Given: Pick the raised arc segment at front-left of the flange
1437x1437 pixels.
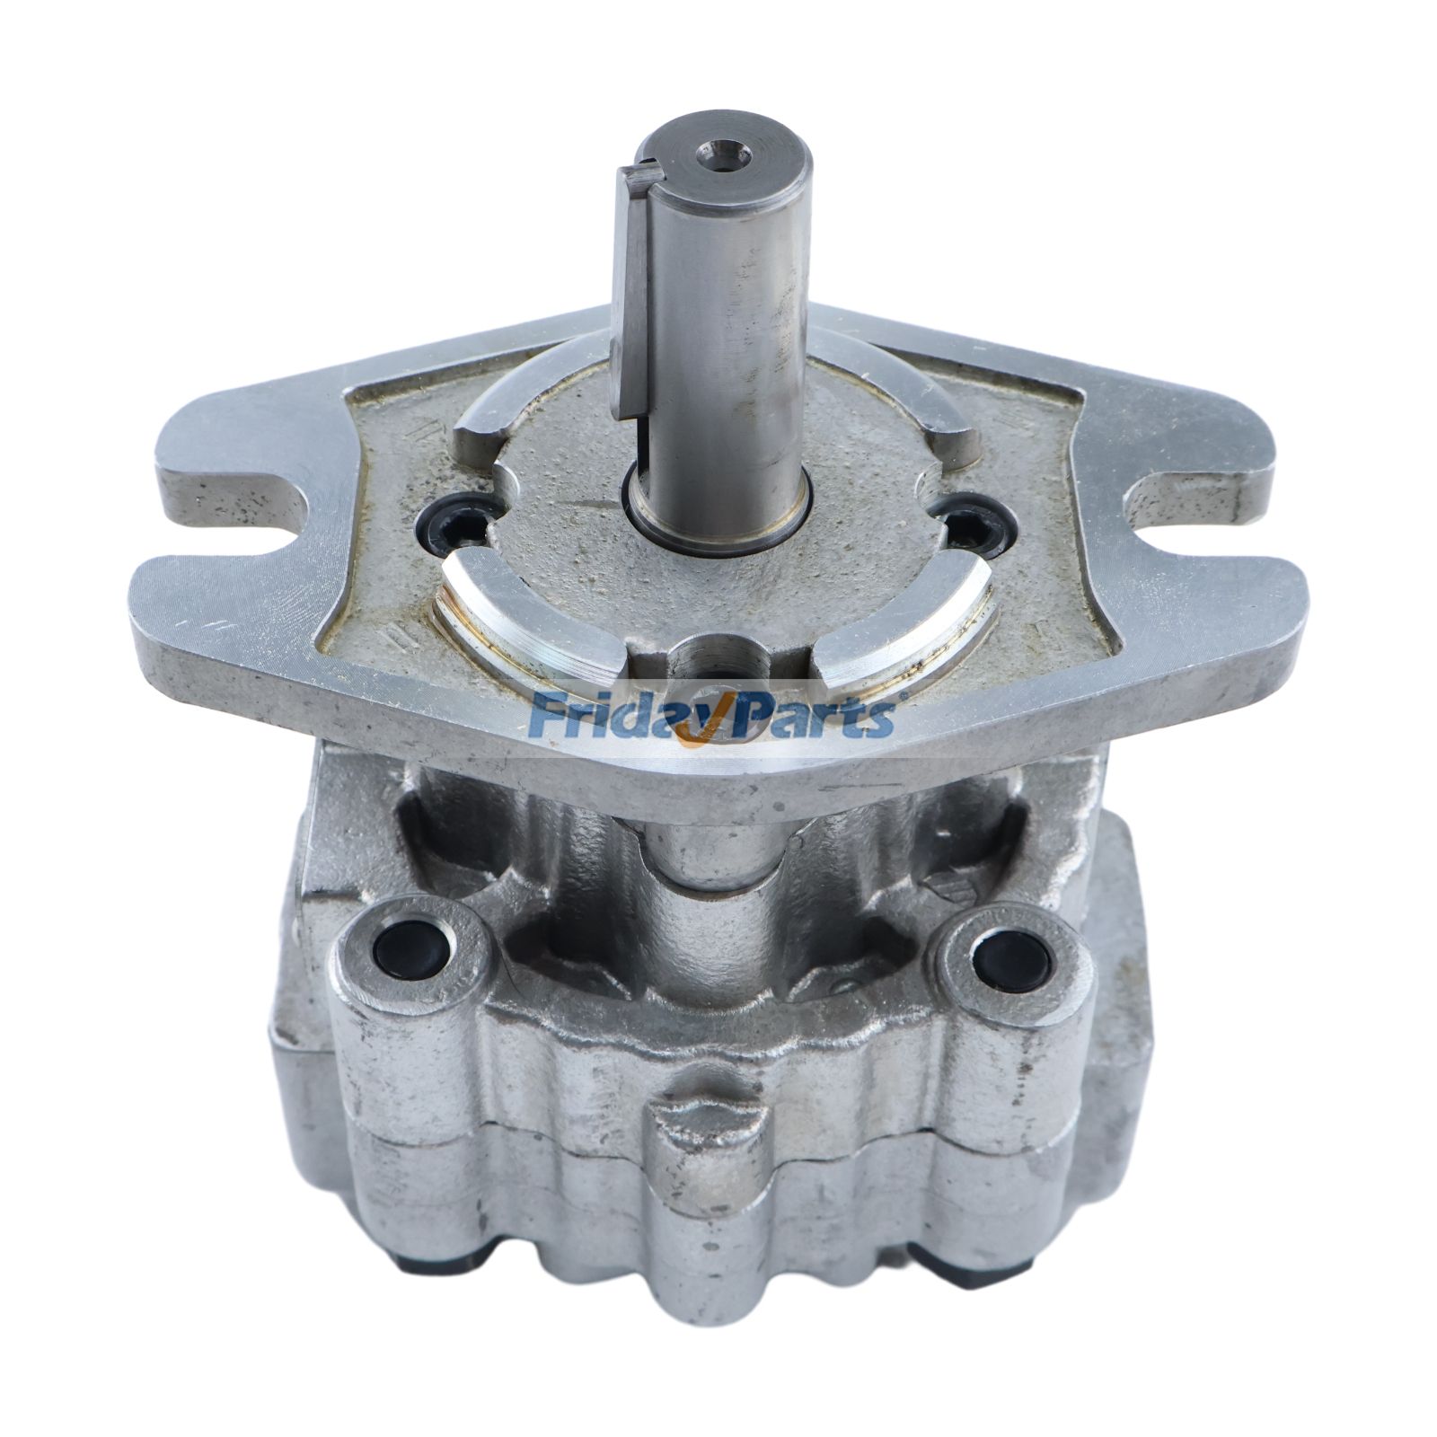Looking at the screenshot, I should pos(530,620).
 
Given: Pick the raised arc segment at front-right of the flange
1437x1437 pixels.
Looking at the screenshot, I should pos(907,620).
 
